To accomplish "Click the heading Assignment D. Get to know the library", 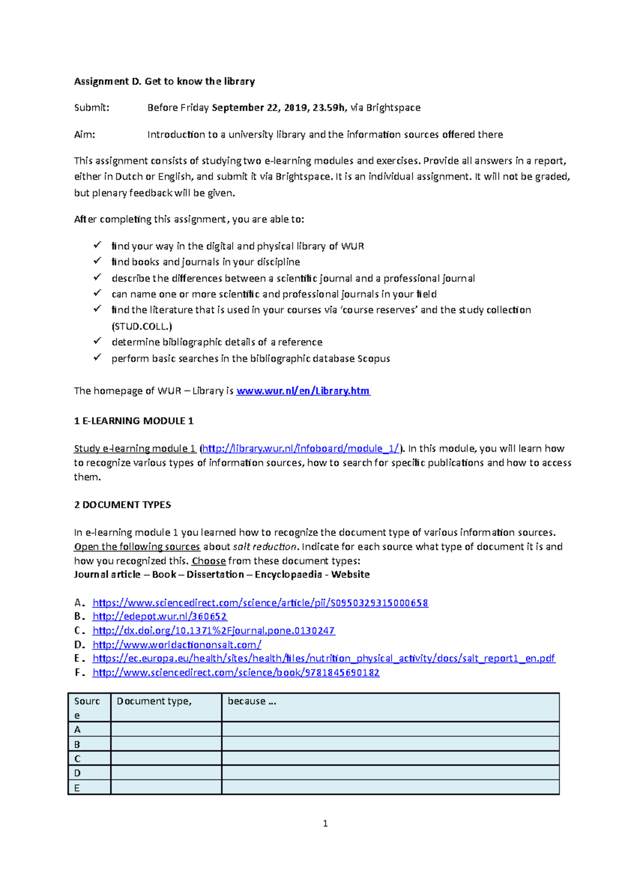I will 164,81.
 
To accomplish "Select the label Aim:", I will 85,135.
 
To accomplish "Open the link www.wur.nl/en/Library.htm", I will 303,391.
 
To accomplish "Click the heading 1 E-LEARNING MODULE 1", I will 134,420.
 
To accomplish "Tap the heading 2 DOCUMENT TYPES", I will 122,505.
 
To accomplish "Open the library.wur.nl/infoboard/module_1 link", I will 301,448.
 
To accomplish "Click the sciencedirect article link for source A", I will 260,603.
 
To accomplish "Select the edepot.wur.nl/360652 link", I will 159,616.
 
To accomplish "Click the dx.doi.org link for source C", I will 214,630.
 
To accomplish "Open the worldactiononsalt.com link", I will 176,644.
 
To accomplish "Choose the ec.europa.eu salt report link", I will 323,658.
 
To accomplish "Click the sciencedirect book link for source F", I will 236,672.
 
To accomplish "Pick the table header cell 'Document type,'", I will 154,701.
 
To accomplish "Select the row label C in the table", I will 77,758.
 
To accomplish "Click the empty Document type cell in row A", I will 166,729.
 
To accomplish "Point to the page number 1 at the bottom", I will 325,823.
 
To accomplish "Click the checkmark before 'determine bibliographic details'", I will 97,341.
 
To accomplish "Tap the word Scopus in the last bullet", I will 373,359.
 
